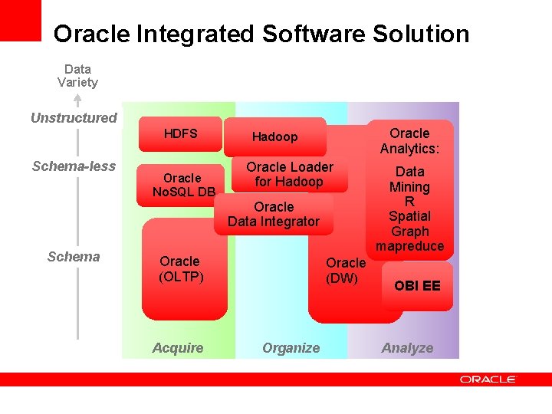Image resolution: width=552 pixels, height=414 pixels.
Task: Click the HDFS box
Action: click(x=180, y=134)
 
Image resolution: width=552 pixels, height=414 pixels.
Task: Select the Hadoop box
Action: click(x=274, y=137)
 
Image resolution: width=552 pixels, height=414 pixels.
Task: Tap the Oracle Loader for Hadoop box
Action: click(x=290, y=175)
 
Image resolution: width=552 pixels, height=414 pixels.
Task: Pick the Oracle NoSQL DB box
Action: click(x=183, y=185)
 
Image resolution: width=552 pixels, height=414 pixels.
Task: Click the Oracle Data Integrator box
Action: click(x=274, y=214)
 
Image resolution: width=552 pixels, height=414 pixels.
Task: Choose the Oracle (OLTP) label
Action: click(x=181, y=269)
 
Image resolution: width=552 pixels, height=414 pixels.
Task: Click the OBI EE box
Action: click(x=417, y=286)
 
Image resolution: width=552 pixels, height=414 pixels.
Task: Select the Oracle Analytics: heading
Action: click(x=409, y=141)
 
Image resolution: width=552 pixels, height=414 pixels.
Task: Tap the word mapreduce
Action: click(x=409, y=246)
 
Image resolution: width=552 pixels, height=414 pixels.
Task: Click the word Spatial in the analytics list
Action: click(x=409, y=216)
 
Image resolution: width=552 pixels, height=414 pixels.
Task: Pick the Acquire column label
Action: click(x=178, y=348)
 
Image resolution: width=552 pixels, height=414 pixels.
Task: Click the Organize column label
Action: click(x=291, y=348)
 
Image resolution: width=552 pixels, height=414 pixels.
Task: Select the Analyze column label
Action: click(x=407, y=348)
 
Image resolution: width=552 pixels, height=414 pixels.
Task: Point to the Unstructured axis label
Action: click(x=74, y=118)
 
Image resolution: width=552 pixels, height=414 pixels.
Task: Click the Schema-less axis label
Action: click(x=74, y=166)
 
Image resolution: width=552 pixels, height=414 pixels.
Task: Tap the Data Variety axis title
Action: click(x=77, y=75)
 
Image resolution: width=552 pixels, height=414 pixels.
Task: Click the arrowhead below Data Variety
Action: click(x=77, y=98)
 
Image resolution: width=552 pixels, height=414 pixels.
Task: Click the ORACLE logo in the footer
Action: click(x=488, y=379)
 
